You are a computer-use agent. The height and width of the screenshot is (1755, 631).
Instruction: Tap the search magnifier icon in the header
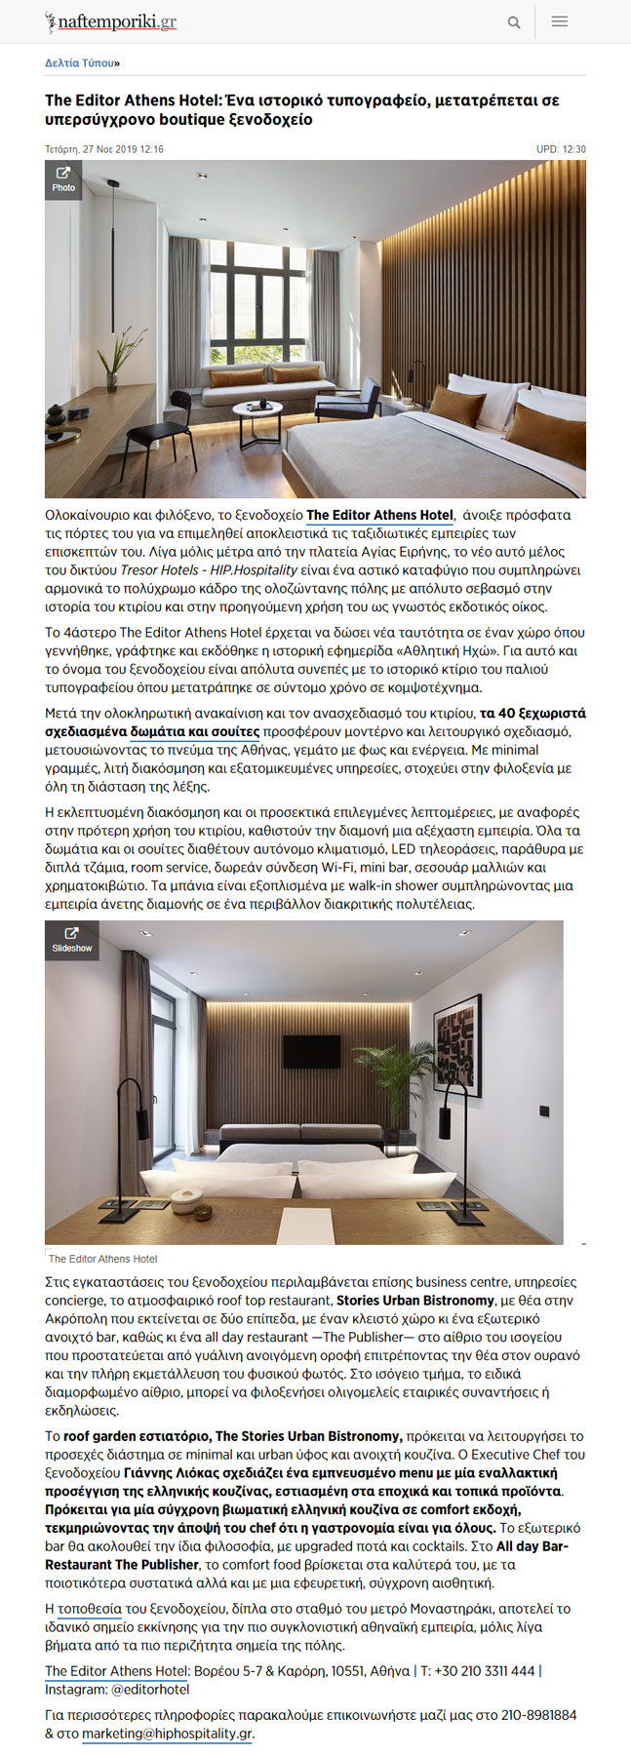[x=513, y=22]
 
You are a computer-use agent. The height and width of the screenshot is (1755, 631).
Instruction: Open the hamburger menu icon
[x=560, y=21]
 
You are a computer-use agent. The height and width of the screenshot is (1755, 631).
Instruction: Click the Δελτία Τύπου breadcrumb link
[x=81, y=63]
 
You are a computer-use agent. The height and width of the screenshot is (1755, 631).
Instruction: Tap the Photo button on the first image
[x=63, y=180]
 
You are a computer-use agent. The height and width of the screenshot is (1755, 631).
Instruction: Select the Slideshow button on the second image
[x=71, y=940]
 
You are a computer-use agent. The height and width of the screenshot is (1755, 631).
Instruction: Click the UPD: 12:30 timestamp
[x=561, y=149]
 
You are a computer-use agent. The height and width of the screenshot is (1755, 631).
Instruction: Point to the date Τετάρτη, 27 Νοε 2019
[x=103, y=149]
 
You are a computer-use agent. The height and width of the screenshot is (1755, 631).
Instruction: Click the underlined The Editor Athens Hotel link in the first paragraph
[x=379, y=515]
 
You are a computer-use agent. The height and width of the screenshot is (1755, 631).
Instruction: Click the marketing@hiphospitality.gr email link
[x=167, y=1734]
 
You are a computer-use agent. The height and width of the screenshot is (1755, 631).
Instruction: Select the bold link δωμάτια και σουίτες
[x=195, y=731]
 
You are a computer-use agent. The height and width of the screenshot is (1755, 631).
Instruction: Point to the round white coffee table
[x=256, y=410]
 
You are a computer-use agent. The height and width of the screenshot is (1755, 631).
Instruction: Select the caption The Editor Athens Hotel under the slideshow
[x=102, y=1259]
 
